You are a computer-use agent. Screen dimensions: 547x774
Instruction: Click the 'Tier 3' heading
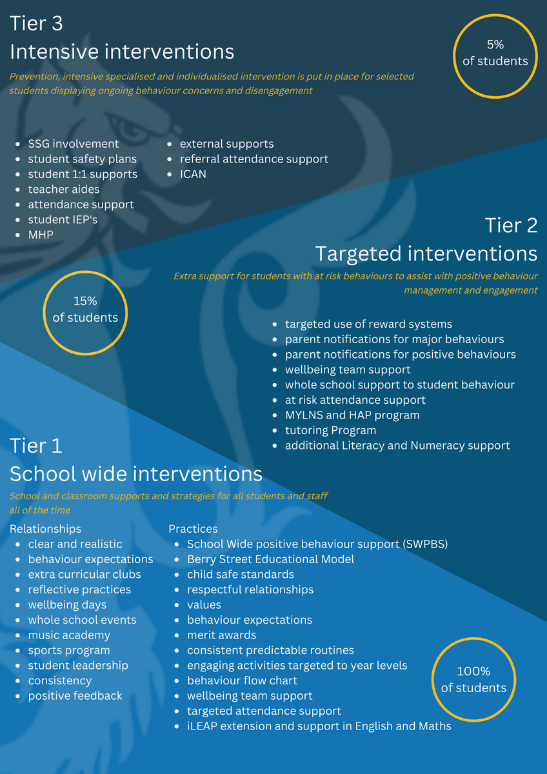click(36, 23)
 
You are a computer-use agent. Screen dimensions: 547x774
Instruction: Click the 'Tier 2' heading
click(511, 225)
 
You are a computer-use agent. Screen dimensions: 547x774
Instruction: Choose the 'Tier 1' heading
click(36, 446)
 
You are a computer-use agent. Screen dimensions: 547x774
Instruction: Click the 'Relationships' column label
click(45, 529)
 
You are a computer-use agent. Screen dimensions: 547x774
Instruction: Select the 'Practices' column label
click(193, 529)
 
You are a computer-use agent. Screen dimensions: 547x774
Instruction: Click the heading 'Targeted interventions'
click(426, 253)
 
